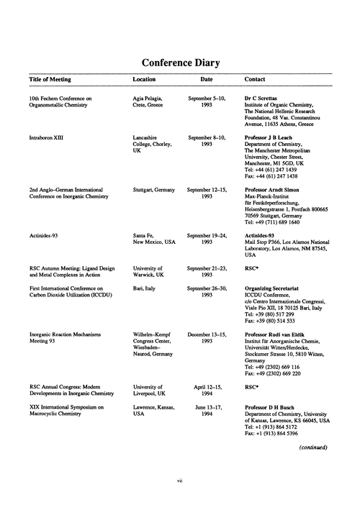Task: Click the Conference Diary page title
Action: (x=180, y=62)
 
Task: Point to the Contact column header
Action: (x=256, y=79)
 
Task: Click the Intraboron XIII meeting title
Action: (x=49, y=137)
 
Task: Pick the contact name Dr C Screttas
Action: (x=266, y=97)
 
